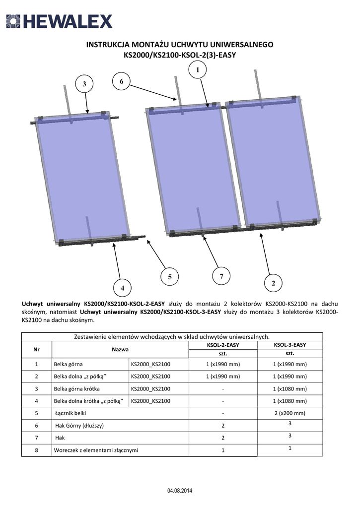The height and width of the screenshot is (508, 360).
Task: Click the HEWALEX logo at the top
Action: [59, 21]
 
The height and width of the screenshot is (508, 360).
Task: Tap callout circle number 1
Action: [198, 70]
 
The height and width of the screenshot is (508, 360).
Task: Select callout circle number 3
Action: [84, 84]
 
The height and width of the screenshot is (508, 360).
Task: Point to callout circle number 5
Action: [169, 277]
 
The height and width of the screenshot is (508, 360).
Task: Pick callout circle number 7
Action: [221, 276]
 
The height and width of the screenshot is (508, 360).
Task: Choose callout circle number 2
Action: [273, 283]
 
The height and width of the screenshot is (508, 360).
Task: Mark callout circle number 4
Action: [122, 288]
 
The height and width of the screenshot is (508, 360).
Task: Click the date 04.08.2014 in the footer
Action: [180, 491]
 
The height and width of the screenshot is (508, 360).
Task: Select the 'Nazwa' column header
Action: [120, 350]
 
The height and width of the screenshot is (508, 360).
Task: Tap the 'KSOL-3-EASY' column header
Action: [290, 344]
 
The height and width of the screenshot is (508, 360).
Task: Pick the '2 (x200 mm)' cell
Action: [290, 413]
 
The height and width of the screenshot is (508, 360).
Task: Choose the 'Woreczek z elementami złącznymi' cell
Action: [96, 450]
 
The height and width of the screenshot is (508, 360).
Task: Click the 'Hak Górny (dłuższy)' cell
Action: [79, 426]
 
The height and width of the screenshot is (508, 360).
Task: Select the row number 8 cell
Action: [36, 450]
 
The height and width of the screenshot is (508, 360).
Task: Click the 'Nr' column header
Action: [36, 350]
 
